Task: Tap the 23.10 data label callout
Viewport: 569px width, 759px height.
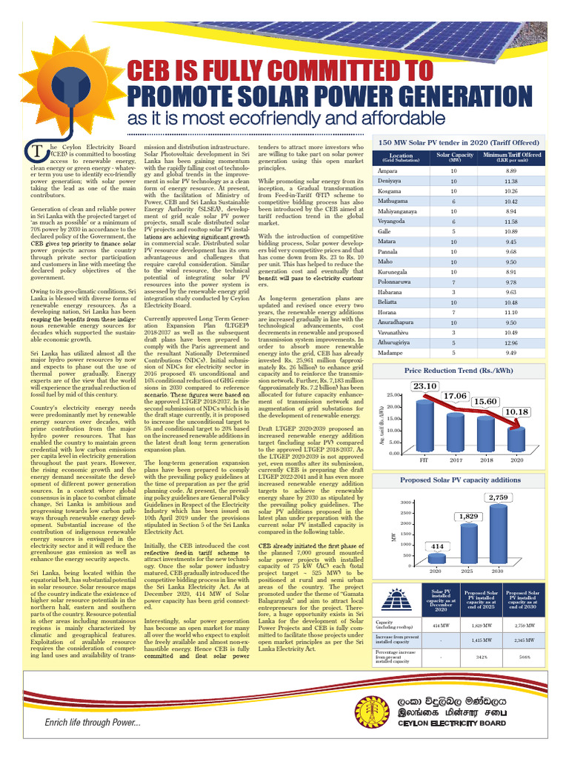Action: pyautogui.click(x=425, y=386)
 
